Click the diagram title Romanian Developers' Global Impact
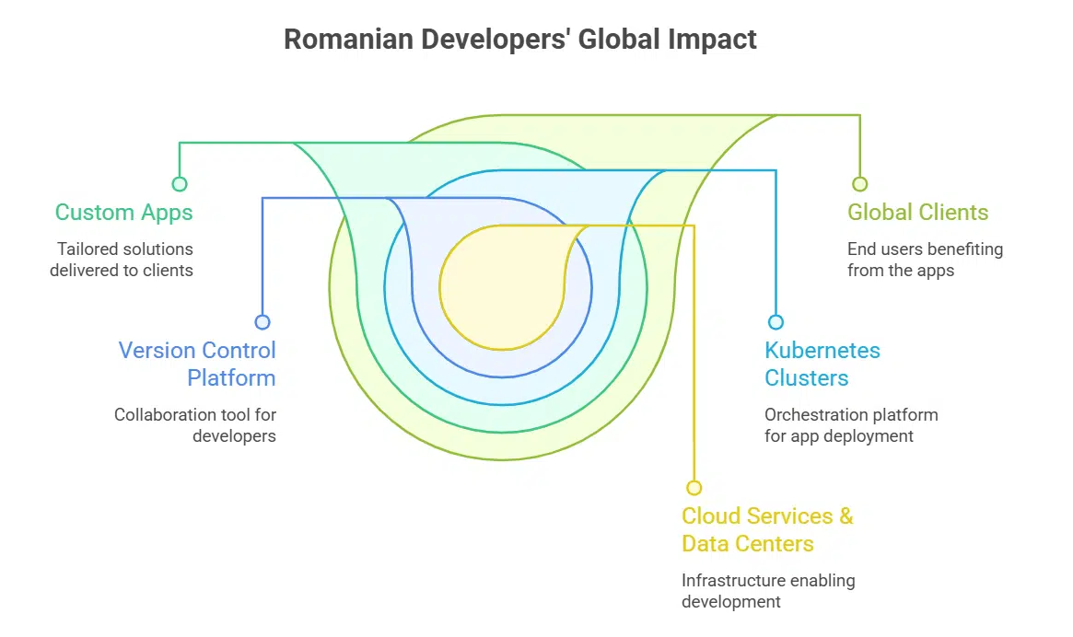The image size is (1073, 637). (519, 40)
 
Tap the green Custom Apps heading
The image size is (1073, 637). (123, 213)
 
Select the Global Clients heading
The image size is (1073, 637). (917, 213)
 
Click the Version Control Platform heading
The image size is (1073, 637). (197, 364)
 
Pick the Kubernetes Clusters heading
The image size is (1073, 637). (822, 364)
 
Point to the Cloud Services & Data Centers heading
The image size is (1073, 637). (766, 529)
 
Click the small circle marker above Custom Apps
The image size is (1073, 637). (180, 184)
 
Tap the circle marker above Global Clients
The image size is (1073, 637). (859, 184)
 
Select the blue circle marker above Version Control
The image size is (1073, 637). (262, 322)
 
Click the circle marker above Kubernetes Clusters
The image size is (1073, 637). (776, 322)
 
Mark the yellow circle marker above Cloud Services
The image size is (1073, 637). (694, 488)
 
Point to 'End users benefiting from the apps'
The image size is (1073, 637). (925, 259)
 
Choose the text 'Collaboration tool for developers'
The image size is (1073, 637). (195, 425)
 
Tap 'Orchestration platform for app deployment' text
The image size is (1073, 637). (850, 425)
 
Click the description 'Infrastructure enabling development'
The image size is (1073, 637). (767, 591)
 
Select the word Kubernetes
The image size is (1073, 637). (822, 351)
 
